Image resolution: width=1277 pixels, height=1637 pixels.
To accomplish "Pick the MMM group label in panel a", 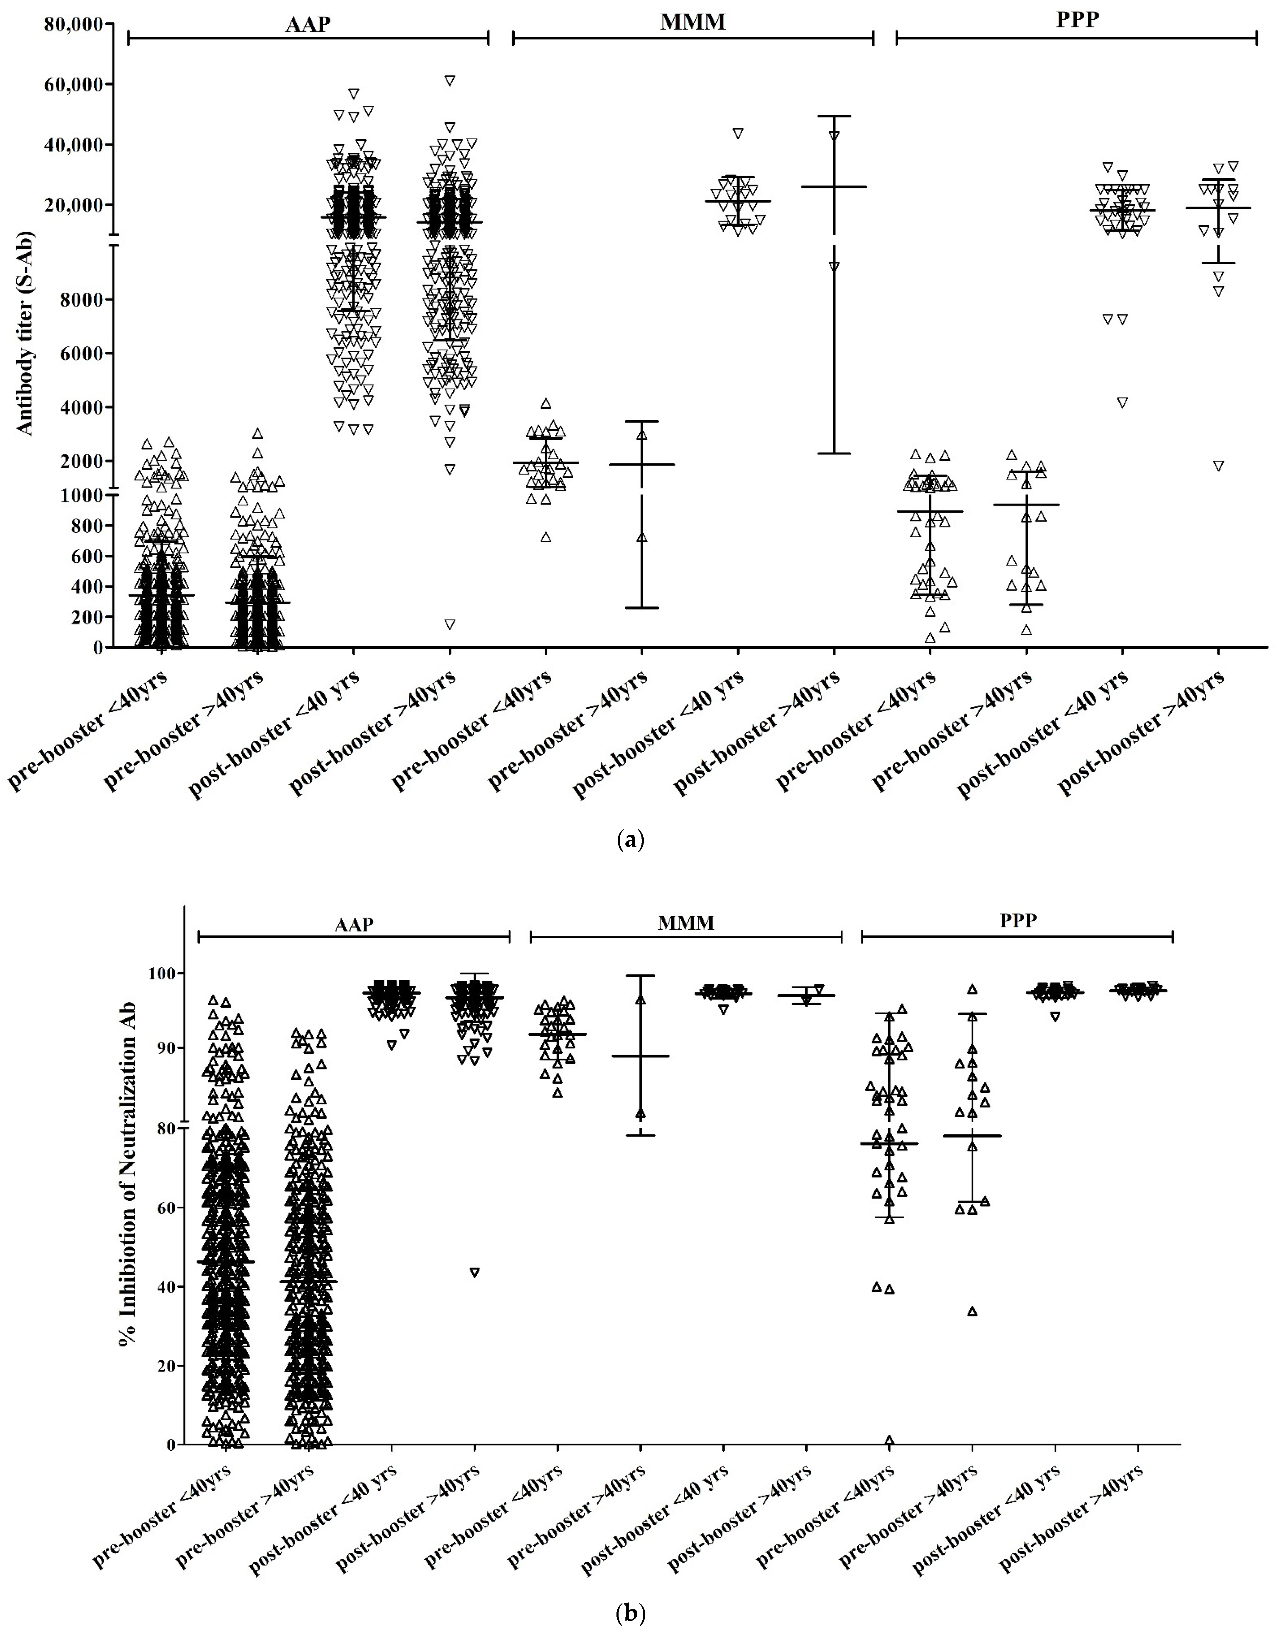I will [692, 22].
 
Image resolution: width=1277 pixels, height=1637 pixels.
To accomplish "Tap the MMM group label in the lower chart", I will [686, 923].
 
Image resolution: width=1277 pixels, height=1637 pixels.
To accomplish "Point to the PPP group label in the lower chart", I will [1018, 920].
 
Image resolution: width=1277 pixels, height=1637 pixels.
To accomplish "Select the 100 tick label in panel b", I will [161, 974].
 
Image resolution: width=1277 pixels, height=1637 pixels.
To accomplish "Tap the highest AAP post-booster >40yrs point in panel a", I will [450, 80].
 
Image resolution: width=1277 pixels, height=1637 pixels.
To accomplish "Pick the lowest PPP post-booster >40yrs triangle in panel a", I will [1219, 466].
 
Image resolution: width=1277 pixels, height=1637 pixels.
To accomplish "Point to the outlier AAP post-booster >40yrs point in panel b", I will [474, 1272].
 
